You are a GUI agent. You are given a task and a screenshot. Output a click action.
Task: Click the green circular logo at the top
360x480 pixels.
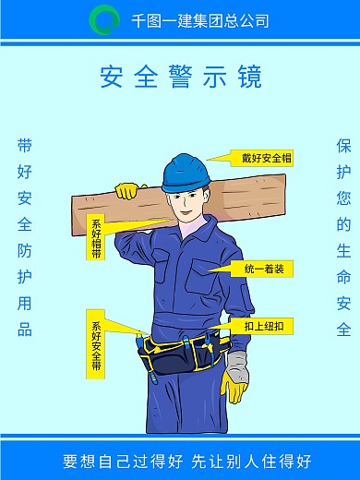click(104, 18)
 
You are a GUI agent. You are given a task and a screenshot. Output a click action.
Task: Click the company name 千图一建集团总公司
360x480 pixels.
click(200, 20)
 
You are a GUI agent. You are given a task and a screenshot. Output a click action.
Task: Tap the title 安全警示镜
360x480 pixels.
click(180, 75)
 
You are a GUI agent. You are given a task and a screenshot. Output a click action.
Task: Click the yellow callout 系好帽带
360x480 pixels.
click(96, 238)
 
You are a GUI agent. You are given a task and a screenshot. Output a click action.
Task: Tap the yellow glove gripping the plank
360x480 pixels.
click(126, 191)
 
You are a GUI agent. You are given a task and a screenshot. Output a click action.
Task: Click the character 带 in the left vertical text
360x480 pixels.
click(25, 146)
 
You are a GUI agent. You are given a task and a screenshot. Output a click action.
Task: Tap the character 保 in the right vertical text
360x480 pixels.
click(343, 146)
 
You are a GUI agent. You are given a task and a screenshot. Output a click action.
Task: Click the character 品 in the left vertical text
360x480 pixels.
click(25, 330)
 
